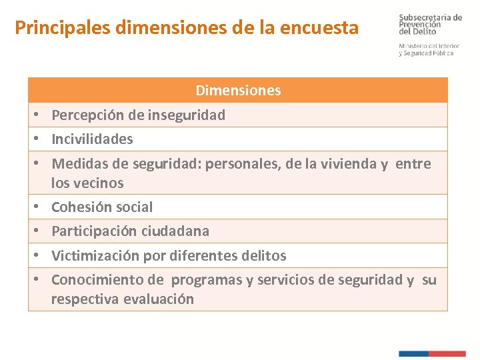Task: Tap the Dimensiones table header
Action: coord(238,90)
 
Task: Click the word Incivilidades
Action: coord(92,139)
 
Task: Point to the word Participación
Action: coord(94,231)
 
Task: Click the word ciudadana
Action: coord(175,231)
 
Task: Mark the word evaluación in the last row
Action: coord(157,299)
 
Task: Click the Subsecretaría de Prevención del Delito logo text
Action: coord(430,24)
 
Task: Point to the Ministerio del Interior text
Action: coord(429,46)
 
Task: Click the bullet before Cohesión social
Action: coord(39,207)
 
